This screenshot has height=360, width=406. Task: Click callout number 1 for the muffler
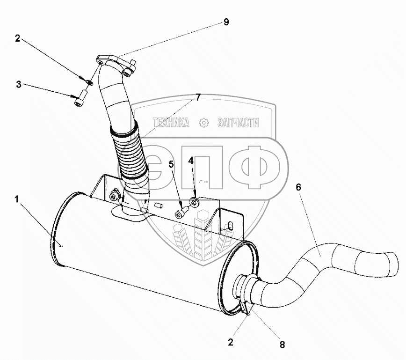[x=16, y=199]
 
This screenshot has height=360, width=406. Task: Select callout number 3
[x=18, y=84]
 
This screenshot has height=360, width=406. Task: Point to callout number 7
[x=198, y=97]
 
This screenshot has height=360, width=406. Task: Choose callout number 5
[x=171, y=164]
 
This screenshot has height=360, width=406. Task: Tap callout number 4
[x=191, y=160]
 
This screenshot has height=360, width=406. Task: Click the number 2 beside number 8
[x=230, y=342]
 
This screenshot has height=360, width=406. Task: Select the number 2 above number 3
[x=17, y=39]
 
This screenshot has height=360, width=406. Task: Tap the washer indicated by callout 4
[x=193, y=203]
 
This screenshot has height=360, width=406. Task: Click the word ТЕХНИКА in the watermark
[x=171, y=123]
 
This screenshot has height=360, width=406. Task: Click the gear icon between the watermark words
[x=203, y=123]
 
